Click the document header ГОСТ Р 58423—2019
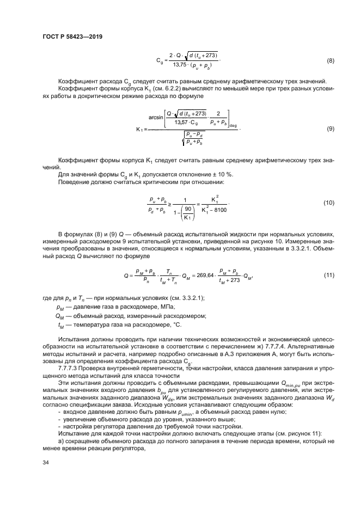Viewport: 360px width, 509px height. click(72, 36)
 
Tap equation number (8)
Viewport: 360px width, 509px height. click(330, 60)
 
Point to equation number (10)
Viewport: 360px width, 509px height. click(328, 203)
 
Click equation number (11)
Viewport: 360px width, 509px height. click(328, 274)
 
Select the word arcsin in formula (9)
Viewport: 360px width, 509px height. click(157, 116)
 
